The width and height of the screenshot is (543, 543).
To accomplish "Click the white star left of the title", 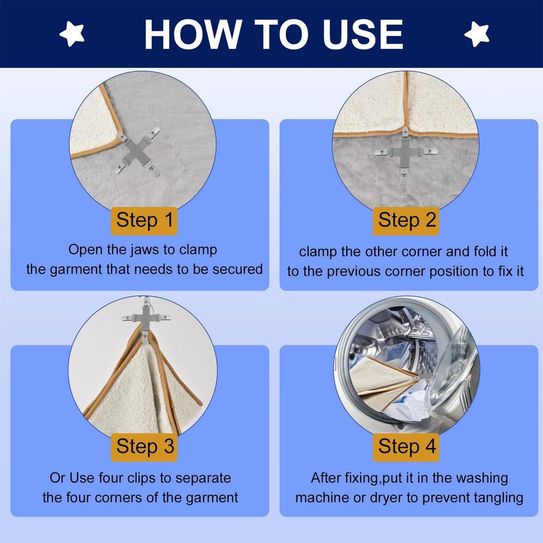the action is tap(72, 33).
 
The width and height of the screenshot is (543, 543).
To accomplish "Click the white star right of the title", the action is tap(477, 33).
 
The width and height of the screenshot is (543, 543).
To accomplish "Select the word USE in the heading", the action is tap(363, 34).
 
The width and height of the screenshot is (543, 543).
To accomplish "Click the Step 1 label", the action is tap(144, 221).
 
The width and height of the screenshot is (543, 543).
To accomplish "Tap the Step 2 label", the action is tap(406, 221).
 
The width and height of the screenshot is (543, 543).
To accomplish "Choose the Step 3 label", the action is tap(144, 446).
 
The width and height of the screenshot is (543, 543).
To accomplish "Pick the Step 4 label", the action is tap(406, 446).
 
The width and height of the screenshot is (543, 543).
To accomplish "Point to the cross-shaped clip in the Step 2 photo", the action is tap(406, 153).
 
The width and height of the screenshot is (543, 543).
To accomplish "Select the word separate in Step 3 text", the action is tap(203, 478).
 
